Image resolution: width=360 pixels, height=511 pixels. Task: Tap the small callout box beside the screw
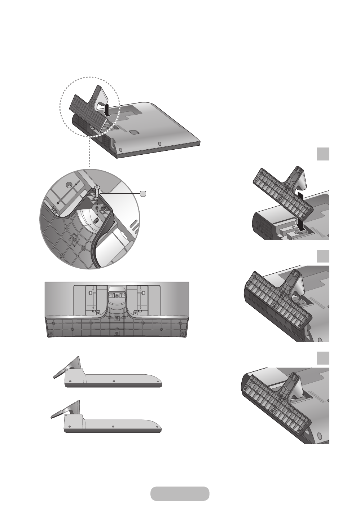pos(143,194)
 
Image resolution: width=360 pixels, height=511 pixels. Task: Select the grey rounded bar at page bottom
pos(180,494)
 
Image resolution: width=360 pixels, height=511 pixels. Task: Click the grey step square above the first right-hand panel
pos(323,154)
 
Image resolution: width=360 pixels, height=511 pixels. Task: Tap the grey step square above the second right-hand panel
pos(323,256)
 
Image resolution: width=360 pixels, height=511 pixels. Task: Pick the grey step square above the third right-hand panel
pos(323,358)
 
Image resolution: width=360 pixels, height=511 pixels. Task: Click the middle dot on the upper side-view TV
pos(113,381)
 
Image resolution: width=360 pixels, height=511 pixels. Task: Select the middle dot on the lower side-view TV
pos(113,426)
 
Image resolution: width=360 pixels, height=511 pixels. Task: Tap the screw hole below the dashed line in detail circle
pos(96,219)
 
